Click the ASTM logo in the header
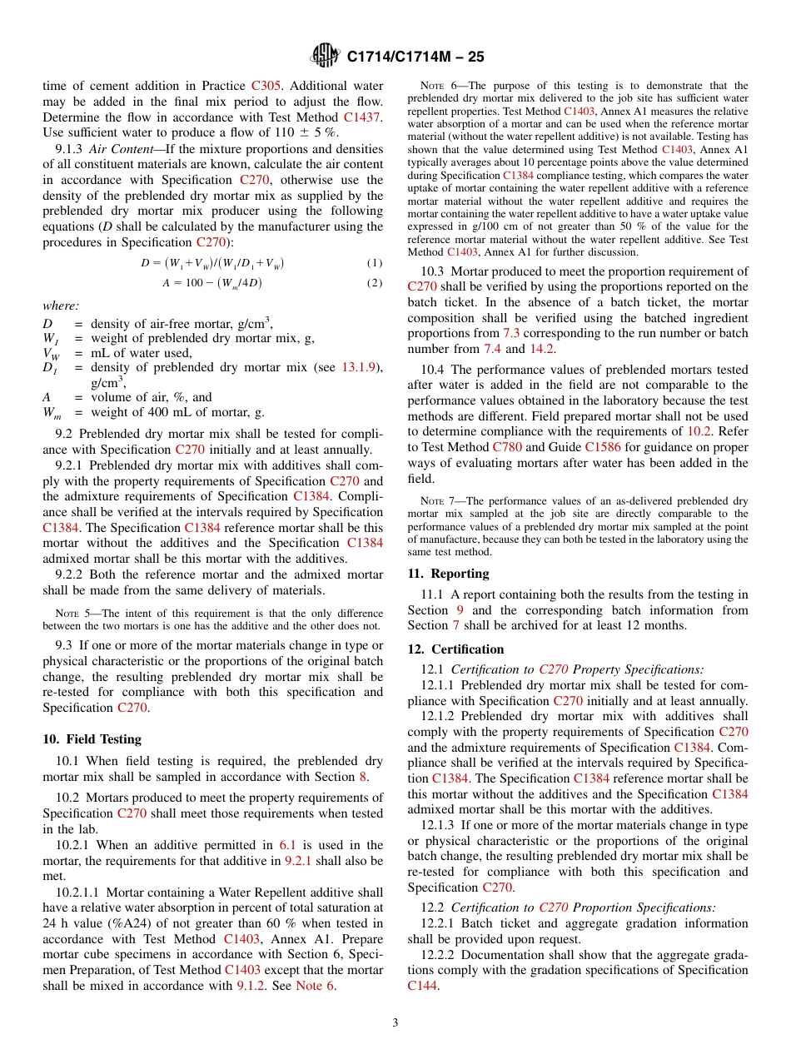click(x=325, y=57)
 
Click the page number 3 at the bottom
click(x=395, y=1022)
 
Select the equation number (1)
click(x=375, y=263)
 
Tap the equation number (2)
click(x=375, y=283)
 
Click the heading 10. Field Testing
click(x=92, y=739)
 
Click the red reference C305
click(x=267, y=86)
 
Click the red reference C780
click(x=507, y=447)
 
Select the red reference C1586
click(x=602, y=447)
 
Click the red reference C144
click(x=422, y=986)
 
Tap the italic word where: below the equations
click(x=60, y=306)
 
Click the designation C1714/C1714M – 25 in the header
click(x=415, y=57)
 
